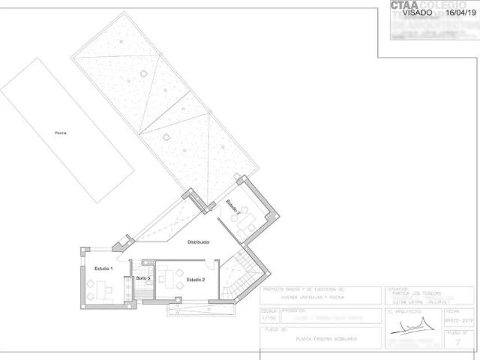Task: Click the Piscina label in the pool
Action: (x=60, y=133)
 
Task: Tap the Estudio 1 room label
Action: (x=103, y=268)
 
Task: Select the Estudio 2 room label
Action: (x=195, y=279)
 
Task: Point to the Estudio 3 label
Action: (x=233, y=208)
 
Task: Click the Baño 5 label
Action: (x=143, y=279)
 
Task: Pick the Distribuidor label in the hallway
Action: (x=198, y=242)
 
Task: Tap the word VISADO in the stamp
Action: (x=418, y=13)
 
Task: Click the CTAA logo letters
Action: (x=404, y=4)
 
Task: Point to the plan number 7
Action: (x=457, y=342)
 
